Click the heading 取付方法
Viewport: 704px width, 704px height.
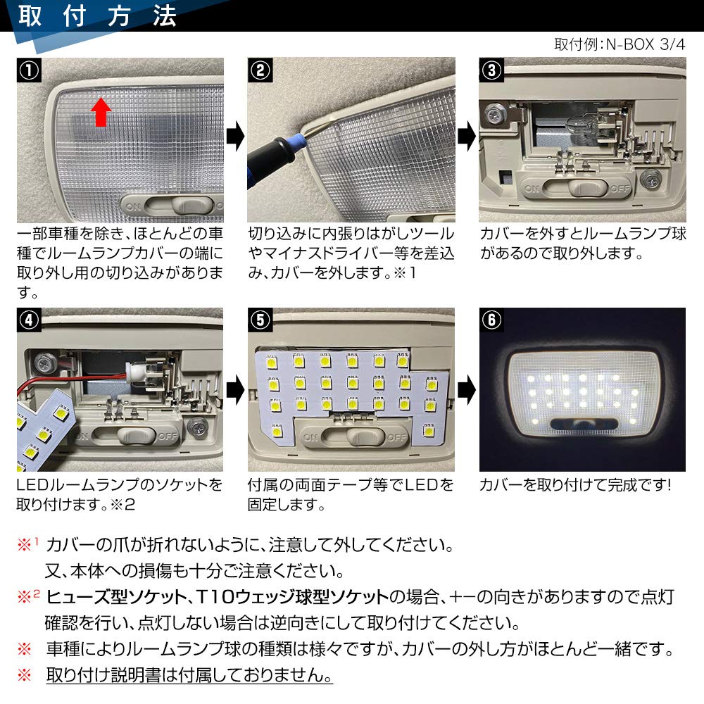[x=97, y=16]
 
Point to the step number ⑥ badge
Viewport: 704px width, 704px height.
[x=491, y=320]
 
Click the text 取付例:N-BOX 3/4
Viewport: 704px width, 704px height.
[x=619, y=44]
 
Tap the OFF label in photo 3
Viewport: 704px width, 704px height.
[x=620, y=188]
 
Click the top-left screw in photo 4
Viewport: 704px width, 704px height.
[x=45, y=362]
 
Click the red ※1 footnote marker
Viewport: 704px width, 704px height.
[x=26, y=544]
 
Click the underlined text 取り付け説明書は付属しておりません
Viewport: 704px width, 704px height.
[x=189, y=675]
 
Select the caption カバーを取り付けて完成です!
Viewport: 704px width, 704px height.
[x=576, y=485]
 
